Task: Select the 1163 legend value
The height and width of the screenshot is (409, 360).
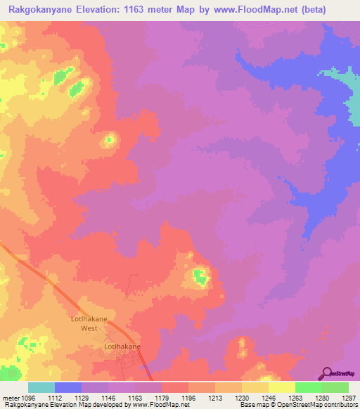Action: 134,398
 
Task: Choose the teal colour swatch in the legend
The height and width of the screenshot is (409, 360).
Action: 41,387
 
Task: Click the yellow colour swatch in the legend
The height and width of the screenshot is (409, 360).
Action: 282,387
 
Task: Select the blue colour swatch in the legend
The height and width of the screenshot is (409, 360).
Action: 68,387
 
